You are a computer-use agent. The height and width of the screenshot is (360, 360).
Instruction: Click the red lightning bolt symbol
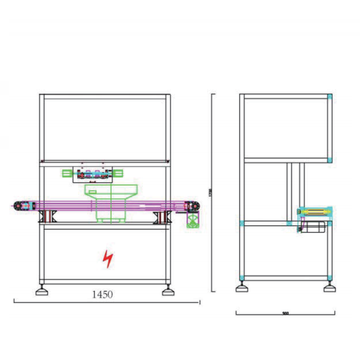point(107,259)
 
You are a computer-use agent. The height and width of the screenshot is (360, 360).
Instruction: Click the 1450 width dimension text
point(103,294)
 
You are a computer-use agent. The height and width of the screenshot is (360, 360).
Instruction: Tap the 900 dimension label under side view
point(285,313)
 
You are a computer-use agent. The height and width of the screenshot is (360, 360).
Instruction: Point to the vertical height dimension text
point(210,193)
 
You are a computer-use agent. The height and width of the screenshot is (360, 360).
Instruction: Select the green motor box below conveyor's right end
point(193,220)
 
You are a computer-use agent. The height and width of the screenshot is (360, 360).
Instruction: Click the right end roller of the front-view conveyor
point(192,207)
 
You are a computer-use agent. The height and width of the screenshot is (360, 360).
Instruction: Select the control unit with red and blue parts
point(94,174)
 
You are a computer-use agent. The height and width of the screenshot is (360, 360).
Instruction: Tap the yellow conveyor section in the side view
point(315,212)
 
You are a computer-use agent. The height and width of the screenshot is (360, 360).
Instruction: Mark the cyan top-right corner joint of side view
point(330,96)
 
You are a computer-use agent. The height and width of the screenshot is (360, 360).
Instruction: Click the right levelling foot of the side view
point(329,287)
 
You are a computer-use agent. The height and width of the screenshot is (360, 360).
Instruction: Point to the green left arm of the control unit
point(68,174)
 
